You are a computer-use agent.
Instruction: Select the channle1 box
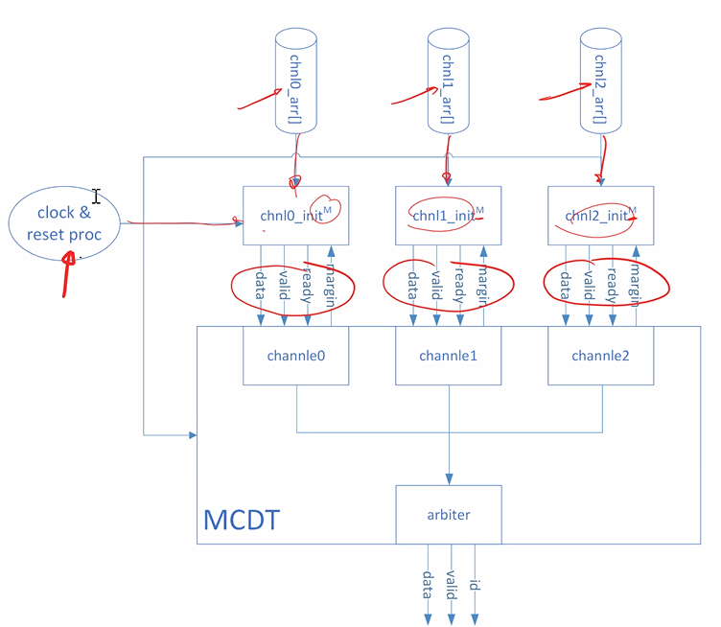click(448, 356)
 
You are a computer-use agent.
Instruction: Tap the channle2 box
click(600, 356)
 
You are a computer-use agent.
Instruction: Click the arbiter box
click(448, 514)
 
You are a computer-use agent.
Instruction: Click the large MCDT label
click(242, 520)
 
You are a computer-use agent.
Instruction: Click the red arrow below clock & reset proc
click(67, 273)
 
